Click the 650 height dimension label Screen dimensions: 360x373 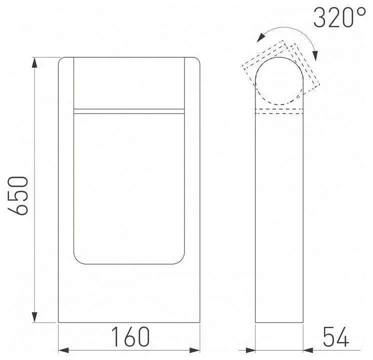point(18,195)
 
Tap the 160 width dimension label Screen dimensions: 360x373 point(130,337)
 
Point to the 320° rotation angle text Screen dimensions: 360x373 point(339,18)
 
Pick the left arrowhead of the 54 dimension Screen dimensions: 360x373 point(250,348)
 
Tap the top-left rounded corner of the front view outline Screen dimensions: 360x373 point(61,61)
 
